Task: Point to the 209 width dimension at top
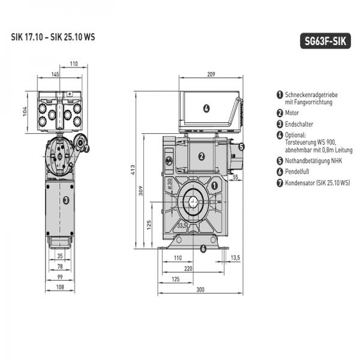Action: point(211,74)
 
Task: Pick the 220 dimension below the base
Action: point(189,269)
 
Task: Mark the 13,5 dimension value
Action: point(235,257)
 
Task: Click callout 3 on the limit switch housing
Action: point(66,200)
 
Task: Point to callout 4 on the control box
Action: point(206,109)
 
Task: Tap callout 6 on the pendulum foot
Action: point(202,248)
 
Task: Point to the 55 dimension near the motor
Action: point(236,178)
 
